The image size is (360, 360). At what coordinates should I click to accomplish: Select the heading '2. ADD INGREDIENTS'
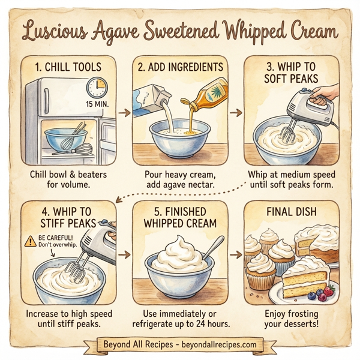[x=180, y=67]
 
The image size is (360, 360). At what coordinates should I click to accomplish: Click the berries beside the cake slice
[x=324, y=294]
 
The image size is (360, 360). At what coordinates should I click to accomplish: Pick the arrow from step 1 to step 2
[x=124, y=112]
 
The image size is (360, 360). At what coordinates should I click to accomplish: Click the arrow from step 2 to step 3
[x=235, y=112]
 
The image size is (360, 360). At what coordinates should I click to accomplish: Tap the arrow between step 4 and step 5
[x=124, y=255]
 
